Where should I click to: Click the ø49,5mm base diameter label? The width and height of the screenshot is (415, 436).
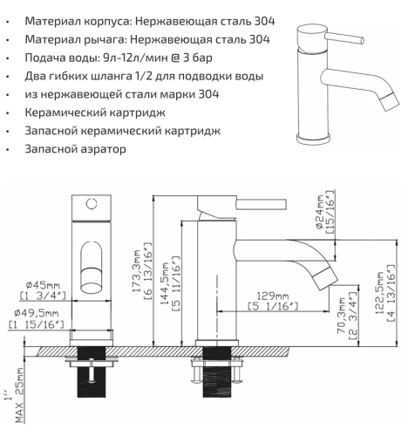(39, 312)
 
